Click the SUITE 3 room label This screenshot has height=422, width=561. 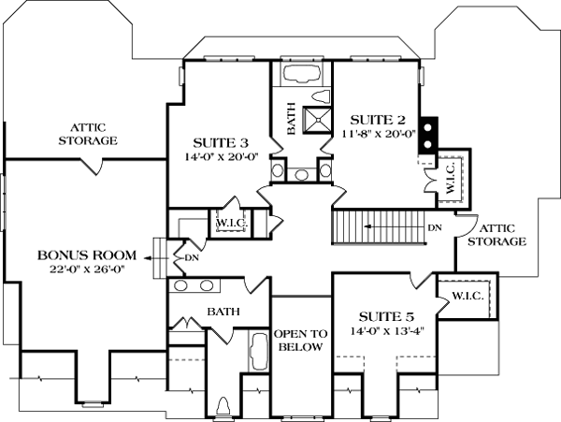point(221,143)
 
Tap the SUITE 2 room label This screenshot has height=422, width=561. point(378,120)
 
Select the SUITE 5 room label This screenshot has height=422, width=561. point(386,317)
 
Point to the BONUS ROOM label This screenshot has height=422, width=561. point(87,255)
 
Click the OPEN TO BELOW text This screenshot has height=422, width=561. point(300,341)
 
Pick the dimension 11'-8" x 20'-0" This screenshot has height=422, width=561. point(378,134)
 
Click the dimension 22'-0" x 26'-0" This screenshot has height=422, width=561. point(87,269)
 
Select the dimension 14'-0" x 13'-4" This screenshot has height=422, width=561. point(387,331)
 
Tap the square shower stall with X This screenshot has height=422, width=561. point(317,120)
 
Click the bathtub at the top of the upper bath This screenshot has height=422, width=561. point(301,74)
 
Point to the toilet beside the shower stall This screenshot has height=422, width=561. point(321,96)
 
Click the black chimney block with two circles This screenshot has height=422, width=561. point(428,136)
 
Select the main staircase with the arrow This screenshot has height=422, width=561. point(379,227)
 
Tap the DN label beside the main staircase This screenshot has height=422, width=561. point(435,227)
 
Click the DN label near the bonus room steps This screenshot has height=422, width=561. point(192,257)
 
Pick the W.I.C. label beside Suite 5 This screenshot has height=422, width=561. point(468,296)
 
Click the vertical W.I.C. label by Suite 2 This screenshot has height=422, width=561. point(451,177)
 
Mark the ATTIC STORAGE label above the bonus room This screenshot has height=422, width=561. point(88,134)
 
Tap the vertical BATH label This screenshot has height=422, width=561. point(291,119)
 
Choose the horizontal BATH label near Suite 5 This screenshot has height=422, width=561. point(223,312)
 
